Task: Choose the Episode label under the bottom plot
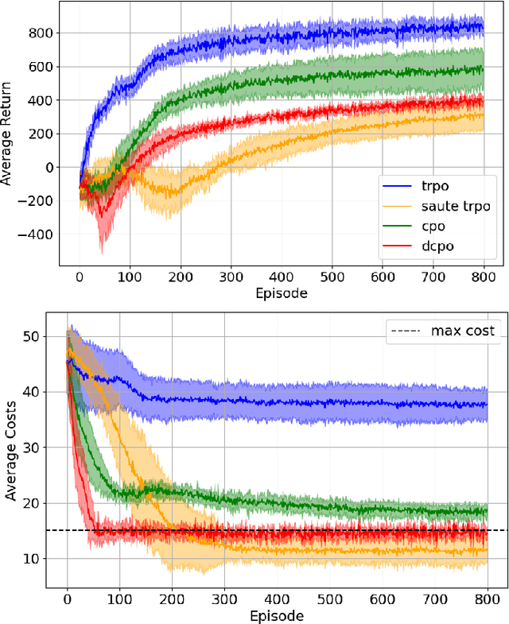[x=276, y=614]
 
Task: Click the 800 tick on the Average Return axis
[x=40, y=33]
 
